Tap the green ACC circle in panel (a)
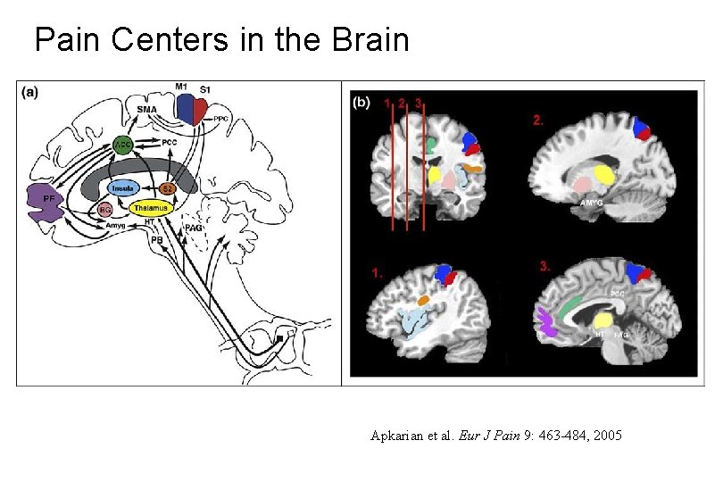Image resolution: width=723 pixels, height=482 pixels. [x=124, y=143]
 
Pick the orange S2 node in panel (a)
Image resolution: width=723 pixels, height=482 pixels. [x=167, y=188]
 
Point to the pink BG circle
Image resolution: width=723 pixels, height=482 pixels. [x=104, y=210]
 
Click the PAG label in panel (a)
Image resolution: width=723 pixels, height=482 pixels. [x=194, y=229]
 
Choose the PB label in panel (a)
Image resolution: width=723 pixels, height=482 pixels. [x=157, y=240]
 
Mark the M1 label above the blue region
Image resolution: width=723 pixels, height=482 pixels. [x=181, y=87]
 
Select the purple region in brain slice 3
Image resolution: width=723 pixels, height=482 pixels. [x=547, y=321]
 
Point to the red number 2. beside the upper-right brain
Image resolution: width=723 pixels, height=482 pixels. [x=538, y=120]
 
